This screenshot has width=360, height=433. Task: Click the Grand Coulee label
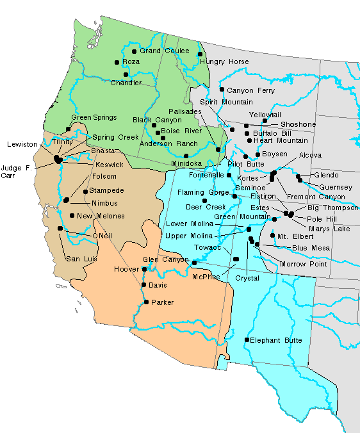(x=160, y=51)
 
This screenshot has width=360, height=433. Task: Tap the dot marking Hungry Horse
(x=200, y=54)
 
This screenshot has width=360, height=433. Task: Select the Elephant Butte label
(x=275, y=340)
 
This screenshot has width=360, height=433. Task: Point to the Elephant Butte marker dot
(x=247, y=339)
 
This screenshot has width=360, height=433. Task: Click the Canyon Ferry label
(x=250, y=91)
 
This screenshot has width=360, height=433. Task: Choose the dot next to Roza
(x=117, y=62)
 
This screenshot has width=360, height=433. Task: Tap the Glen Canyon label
(x=165, y=259)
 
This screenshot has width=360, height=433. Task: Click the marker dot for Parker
(x=145, y=302)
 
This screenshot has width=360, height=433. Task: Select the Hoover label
(x=126, y=270)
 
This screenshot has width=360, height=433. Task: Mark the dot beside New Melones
(x=72, y=215)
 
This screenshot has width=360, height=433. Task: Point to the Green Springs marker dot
(x=68, y=129)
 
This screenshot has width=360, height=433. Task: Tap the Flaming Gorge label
(x=199, y=192)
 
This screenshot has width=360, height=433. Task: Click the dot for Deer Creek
(x=204, y=200)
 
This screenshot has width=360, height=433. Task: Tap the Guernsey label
(x=336, y=186)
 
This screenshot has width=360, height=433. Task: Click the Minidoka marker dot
(x=186, y=156)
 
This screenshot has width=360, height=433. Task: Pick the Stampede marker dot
(x=85, y=191)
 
